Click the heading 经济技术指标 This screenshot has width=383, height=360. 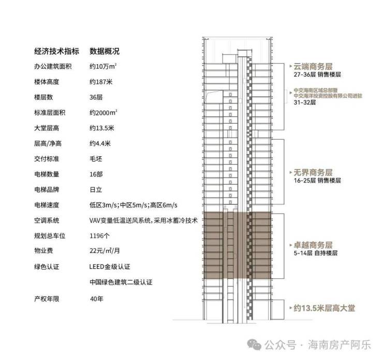point(56,51)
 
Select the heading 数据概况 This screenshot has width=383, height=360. point(105,51)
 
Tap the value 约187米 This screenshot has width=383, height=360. point(101,82)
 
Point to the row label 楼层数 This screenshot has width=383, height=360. point(43,97)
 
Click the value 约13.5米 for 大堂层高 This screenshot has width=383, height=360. point(102,128)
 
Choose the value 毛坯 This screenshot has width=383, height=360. point(96,159)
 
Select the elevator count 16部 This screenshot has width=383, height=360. point(96,174)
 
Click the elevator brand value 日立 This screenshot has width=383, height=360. point(96,190)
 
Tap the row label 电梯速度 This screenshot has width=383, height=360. point(47,205)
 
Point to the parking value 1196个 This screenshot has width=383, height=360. point(100,236)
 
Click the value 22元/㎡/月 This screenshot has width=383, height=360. point(105,251)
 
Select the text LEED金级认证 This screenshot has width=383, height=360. point(110,266)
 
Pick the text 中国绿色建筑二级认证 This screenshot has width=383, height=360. point(121,282)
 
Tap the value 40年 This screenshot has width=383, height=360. point(96,299)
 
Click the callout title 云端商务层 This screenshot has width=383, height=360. point(313,66)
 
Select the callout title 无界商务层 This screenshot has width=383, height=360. point(313,173)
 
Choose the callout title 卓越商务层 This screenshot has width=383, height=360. point(313,245)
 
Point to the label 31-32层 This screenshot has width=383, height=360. point(305,102)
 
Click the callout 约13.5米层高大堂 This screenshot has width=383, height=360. point(324,308)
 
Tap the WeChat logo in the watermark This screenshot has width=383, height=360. point(254,344)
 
